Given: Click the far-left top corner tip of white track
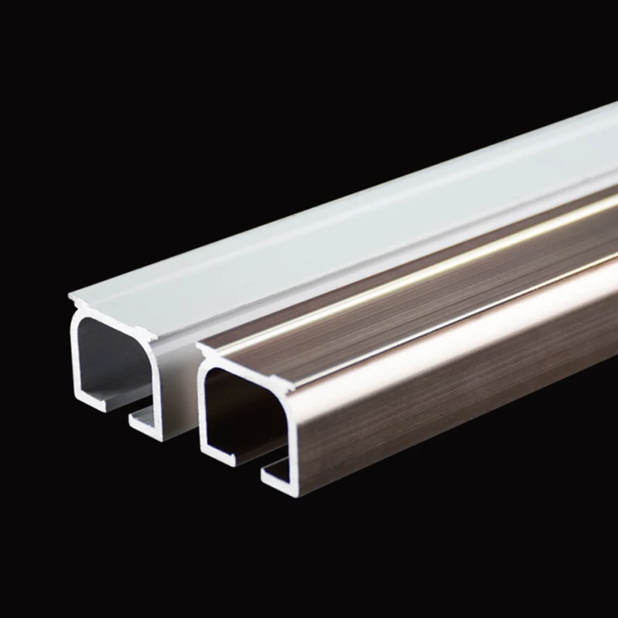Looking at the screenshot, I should point(70,297).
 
